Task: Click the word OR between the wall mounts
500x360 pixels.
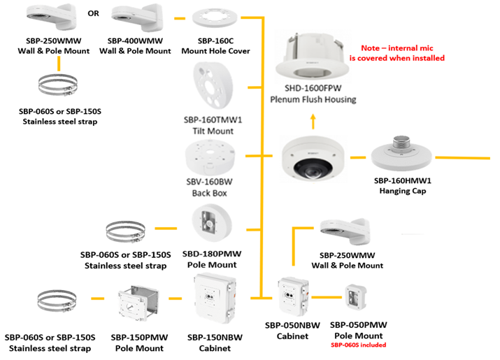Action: coord(93,13)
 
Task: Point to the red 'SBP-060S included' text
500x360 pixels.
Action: coord(358,345)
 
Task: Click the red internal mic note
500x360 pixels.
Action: coord(402,53)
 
